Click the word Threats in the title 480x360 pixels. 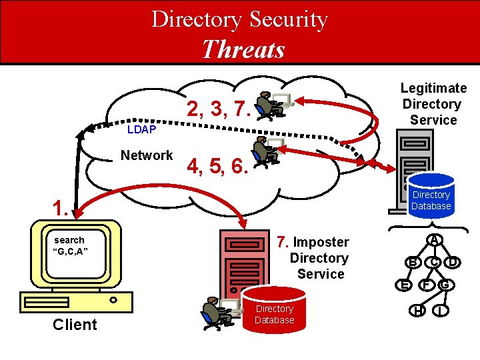tap(243, 49)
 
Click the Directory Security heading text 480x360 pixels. tap(239, 19)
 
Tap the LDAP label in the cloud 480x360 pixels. tap(141, 129)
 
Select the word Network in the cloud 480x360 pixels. tap(147, 155)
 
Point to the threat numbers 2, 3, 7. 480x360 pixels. tap(218, 109)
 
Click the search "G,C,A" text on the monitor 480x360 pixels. tap(69, 245)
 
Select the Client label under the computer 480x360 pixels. tap(75, 325)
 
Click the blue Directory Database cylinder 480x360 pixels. tap(431, 195)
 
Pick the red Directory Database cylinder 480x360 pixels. tap(274, 309)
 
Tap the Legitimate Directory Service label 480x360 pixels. tap(433, 104)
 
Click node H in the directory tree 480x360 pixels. tap(417, 311)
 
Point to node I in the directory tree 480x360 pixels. tap(441, 311)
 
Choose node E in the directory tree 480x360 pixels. tap(403, 285)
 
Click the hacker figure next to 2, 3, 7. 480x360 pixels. tap(269, 105)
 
